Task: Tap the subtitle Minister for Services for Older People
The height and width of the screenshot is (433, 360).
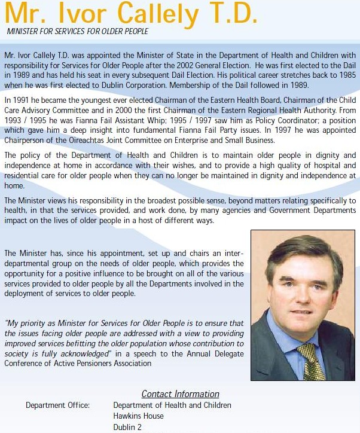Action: tap(78, 31)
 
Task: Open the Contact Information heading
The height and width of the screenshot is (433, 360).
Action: tap(180, 394)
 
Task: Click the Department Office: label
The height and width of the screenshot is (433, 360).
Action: tap(57, 405)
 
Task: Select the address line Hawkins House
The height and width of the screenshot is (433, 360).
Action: tap(138, 416)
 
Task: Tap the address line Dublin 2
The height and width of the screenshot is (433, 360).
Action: tap(127, 427)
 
